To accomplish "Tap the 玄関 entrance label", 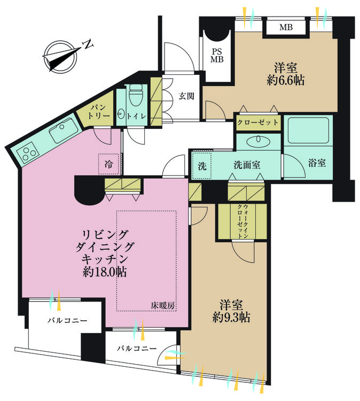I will pyautogui.click(x=185, y=96).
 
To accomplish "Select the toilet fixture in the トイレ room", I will pyautogui.click(x=136, y=96).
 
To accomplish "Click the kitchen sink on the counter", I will pyautogui.click(x=64, y=131).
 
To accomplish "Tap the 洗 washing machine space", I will pyautogui.click(x=202, y=166).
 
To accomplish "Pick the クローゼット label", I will pyautogui.click(x=258, y=122).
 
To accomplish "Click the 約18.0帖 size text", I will pyautogui.click(x=105, y=272).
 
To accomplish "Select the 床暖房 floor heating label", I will pyautogui.click(x=163, y=305).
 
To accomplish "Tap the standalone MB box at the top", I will pyautogui.click(x=286, y=27).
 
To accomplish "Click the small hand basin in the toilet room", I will pyautogui.click(x=121, y=113).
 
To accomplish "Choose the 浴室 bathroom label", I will pyautogui.click(x=317, y=164).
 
